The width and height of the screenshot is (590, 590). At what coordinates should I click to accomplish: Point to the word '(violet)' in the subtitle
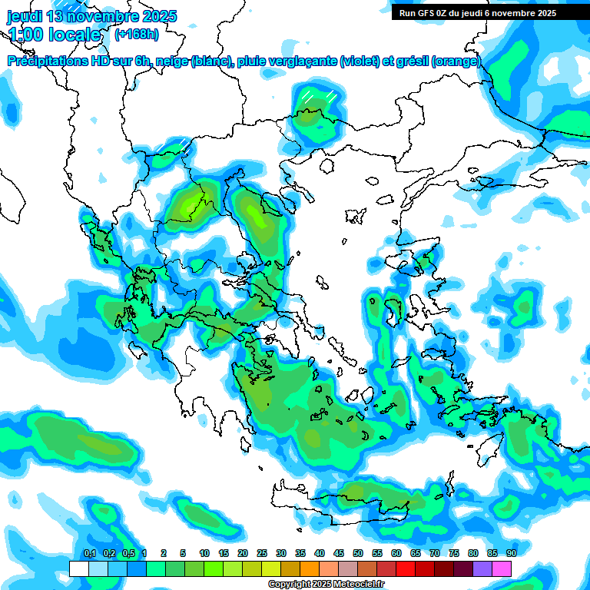click(x=360, y=61)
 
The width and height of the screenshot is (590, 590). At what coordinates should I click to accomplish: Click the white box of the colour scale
click(x=78, y=568)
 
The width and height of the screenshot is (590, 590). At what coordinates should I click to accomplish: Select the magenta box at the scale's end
click(x=502, y=568)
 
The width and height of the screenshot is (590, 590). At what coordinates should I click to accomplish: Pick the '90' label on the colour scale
click(x=511, y=553)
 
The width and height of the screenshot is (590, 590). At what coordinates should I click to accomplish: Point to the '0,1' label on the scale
click(x=89, y=553)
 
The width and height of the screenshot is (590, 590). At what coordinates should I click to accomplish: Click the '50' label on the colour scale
click(x=357, y=553)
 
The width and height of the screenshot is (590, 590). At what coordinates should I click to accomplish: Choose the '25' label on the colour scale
click(x=261, y=553)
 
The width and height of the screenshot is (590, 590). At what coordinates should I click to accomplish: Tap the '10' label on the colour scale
click(x=204, y=553)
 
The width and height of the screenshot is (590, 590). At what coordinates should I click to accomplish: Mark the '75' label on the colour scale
click(x=453, y=553)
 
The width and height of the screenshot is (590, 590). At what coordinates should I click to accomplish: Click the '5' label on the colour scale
click(x=183, y=553)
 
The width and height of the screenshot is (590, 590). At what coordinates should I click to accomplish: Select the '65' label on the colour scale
click(x=415, y=553)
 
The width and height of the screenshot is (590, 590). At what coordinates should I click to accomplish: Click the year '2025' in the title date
click(x=158, y=16)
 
